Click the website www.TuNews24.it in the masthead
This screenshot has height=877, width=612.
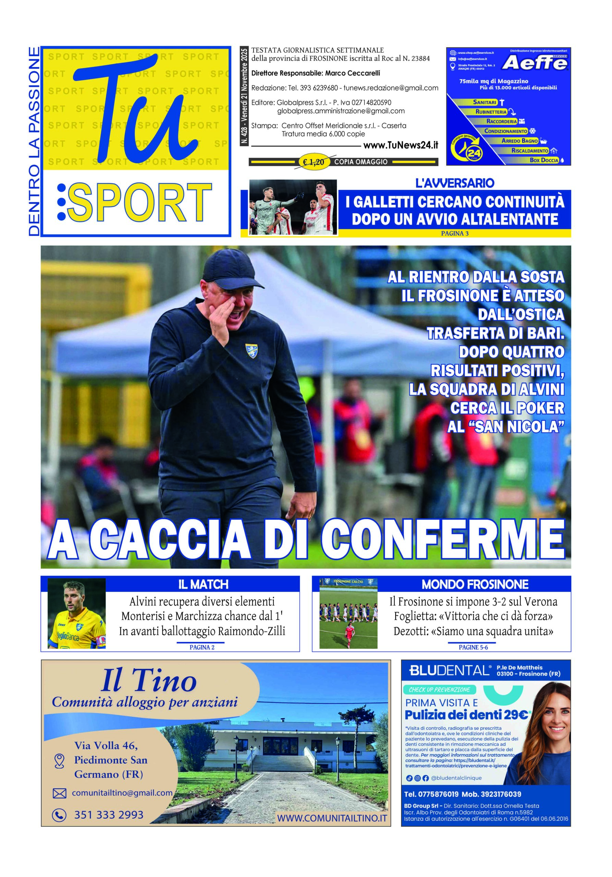pos(400,145)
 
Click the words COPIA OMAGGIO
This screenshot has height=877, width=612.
pos(360,162)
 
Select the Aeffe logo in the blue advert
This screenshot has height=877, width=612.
pos(534,63)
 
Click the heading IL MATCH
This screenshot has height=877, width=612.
pos(203,584)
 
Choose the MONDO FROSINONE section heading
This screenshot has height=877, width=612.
pos(475,584)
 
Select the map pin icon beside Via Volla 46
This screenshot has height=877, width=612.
pos(59,760)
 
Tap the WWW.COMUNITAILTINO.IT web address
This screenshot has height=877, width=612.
pos(332,818)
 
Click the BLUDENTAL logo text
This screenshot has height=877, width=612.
pos(449,670)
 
